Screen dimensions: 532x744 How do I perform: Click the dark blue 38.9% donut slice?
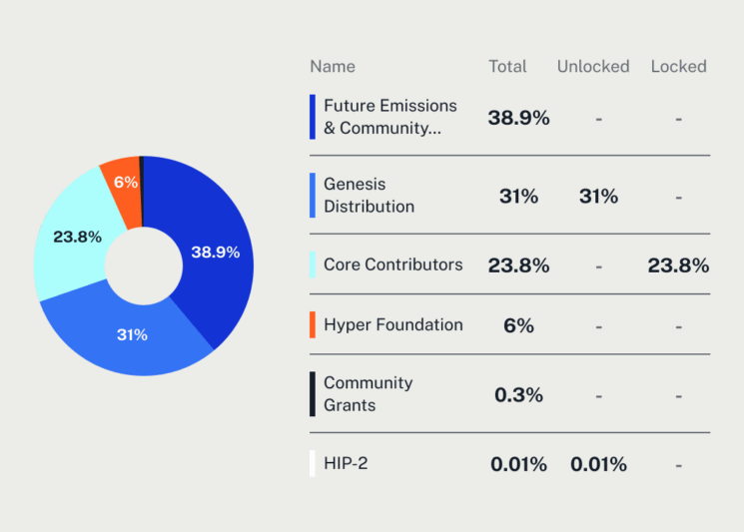pyautogui.click(x=215, y=252)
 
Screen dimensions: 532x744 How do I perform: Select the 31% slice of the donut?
pyautogui.click(x=132, y=334)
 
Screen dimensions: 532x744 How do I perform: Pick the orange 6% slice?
pyautogui.click(x=125, y=182)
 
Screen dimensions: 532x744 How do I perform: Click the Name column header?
pyautogui.click(x=333, y=67)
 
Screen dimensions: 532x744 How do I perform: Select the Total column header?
pyautogui.click(x=507, y=67)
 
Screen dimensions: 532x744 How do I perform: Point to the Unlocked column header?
pyautogui.click(x=593, y=67)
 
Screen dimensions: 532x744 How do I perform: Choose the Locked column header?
pyautogui.click(x=678, y=67)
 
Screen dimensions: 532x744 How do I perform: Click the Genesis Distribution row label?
pyautogui.click(x=369, y=196)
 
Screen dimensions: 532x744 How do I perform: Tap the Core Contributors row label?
pyautogui.click(x=392, y=265)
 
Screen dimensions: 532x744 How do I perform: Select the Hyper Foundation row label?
pyautogui.click(x=392, y=324)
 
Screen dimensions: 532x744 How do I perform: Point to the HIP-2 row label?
pyautogui.click(x=346, y=463)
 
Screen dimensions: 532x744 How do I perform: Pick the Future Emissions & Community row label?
pyautogui.click(x=389, y=117)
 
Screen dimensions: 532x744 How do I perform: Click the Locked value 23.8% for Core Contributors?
pyautogui.click(x=678, y=266)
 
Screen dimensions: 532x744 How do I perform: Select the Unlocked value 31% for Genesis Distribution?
pyautogui.click(x=598, y=197)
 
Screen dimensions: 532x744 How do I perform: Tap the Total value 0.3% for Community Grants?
pyautogui.click(x=518, y=395)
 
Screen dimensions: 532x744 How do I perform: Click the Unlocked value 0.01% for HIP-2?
pyautogui.click(x=598, y=464)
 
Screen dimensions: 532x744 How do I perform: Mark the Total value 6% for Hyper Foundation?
pyautogui.click(x=518, y=325)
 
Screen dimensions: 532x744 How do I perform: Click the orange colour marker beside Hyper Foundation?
pyautogui.click(x=313, y=324)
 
